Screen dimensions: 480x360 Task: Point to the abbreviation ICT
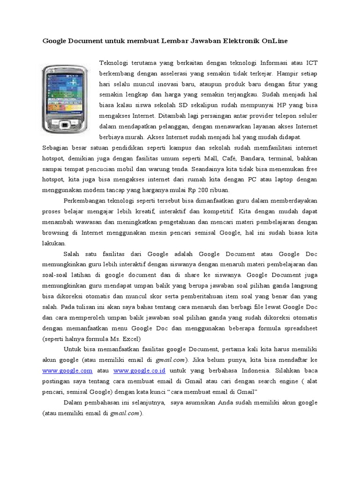pyautogui.click(x=312, y=62)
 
